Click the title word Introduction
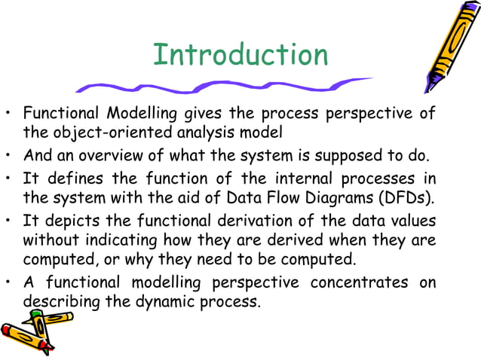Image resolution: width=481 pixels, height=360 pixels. point(240,56)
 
